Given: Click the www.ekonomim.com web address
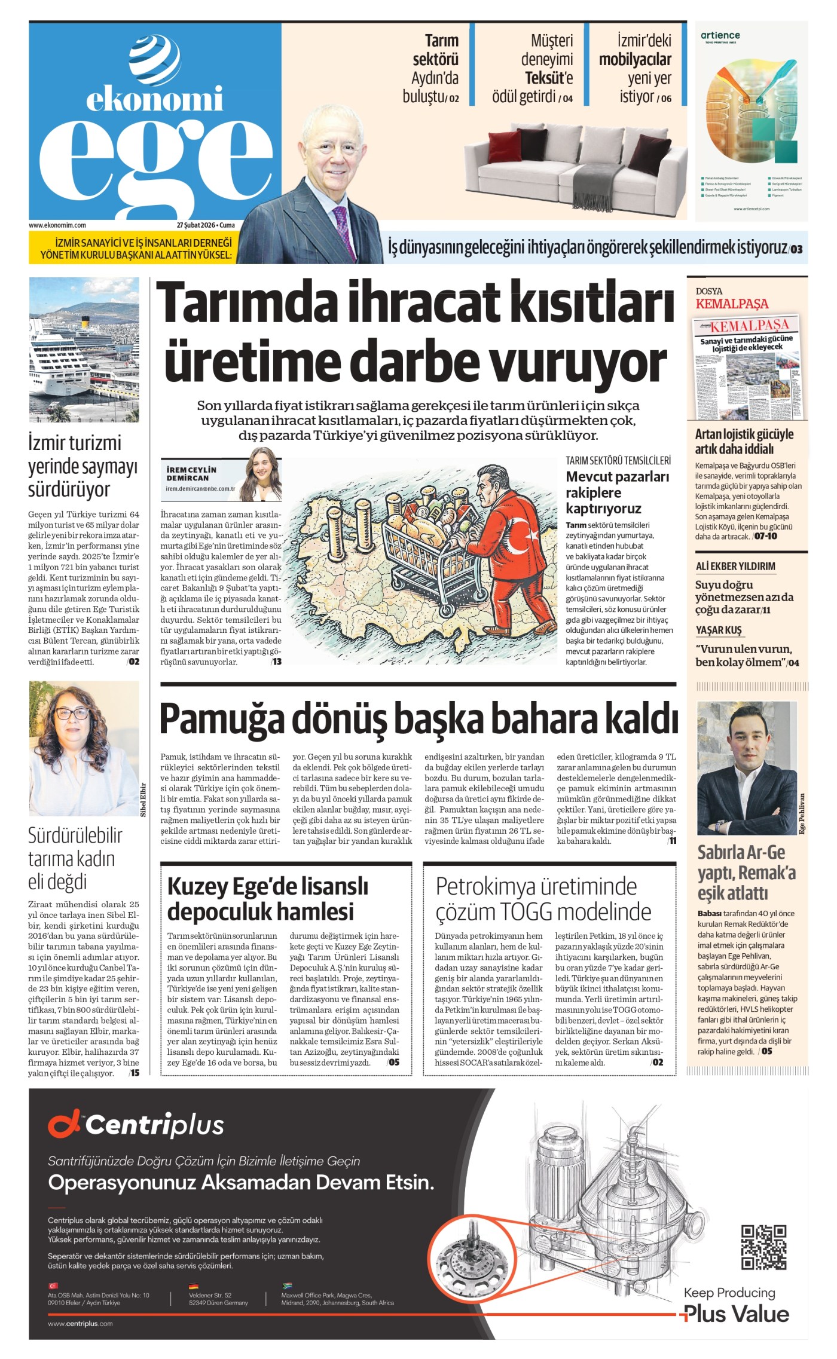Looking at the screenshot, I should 57,225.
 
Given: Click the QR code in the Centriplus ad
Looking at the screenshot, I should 763,1247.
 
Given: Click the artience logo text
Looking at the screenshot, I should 720,35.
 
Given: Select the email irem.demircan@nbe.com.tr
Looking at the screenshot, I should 200,488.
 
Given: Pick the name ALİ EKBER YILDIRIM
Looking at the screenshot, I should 735,566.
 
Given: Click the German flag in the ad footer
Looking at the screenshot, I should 193,1286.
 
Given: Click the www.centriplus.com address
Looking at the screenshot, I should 80,1323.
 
